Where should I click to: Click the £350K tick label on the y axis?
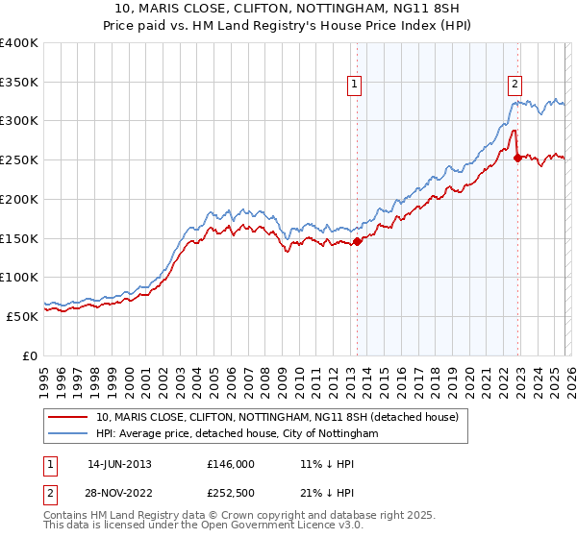[x=19, y=82]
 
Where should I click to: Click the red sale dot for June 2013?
[x=357, y=242]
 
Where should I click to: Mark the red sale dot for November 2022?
[x=517, y=159]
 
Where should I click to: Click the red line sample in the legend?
[x=68, y=417]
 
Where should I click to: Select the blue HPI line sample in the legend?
[x=68, y=434]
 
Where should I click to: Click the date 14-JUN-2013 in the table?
[x=119, y=463]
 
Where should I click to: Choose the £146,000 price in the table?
[x=230, y=463]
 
